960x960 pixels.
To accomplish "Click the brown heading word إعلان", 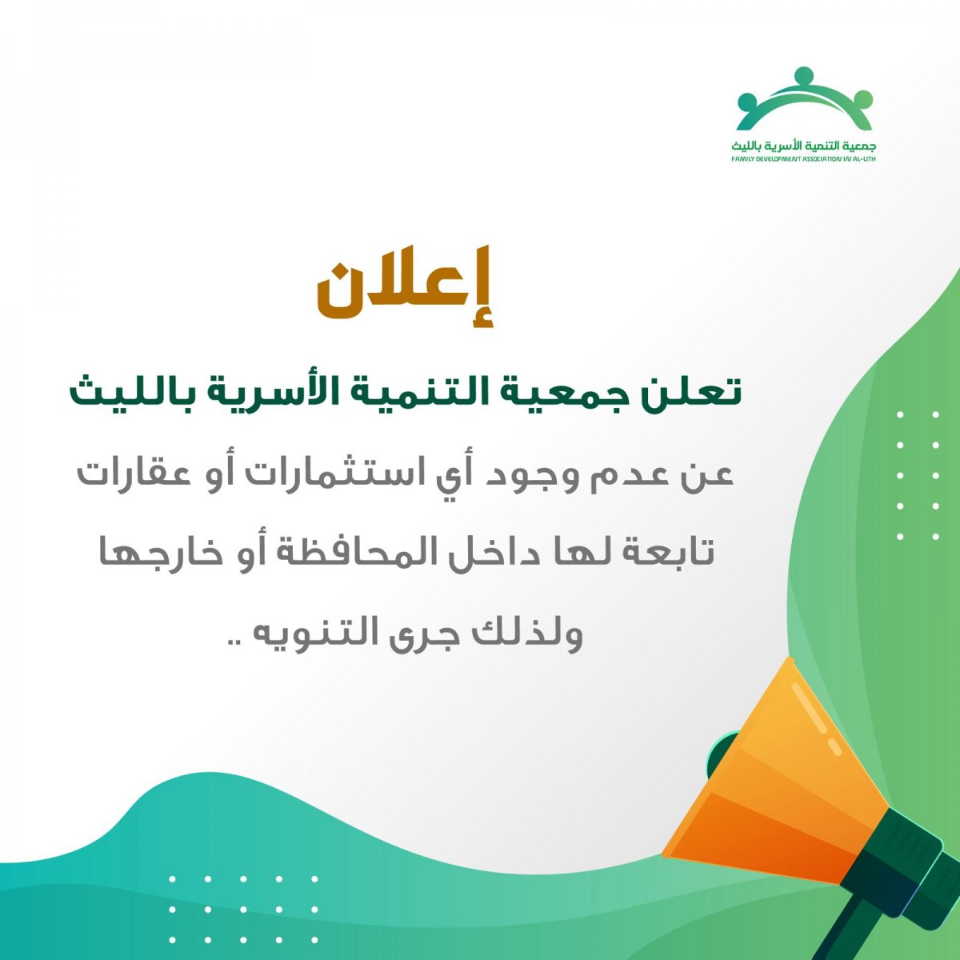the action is point(405,286).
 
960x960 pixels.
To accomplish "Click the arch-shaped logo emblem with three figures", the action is point(804,103).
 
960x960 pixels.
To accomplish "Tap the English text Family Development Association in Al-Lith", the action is point(803,159).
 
